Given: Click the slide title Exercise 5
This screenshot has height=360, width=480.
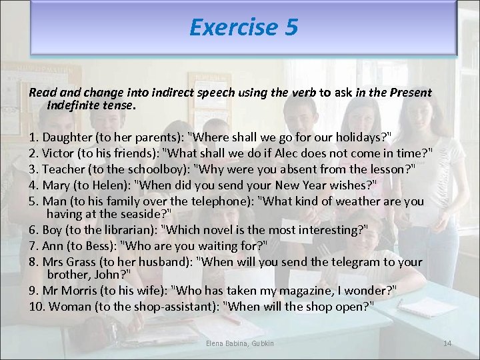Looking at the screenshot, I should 243,27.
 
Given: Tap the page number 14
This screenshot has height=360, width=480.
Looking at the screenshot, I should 447,343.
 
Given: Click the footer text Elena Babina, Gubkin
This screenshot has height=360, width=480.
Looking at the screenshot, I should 239,343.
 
